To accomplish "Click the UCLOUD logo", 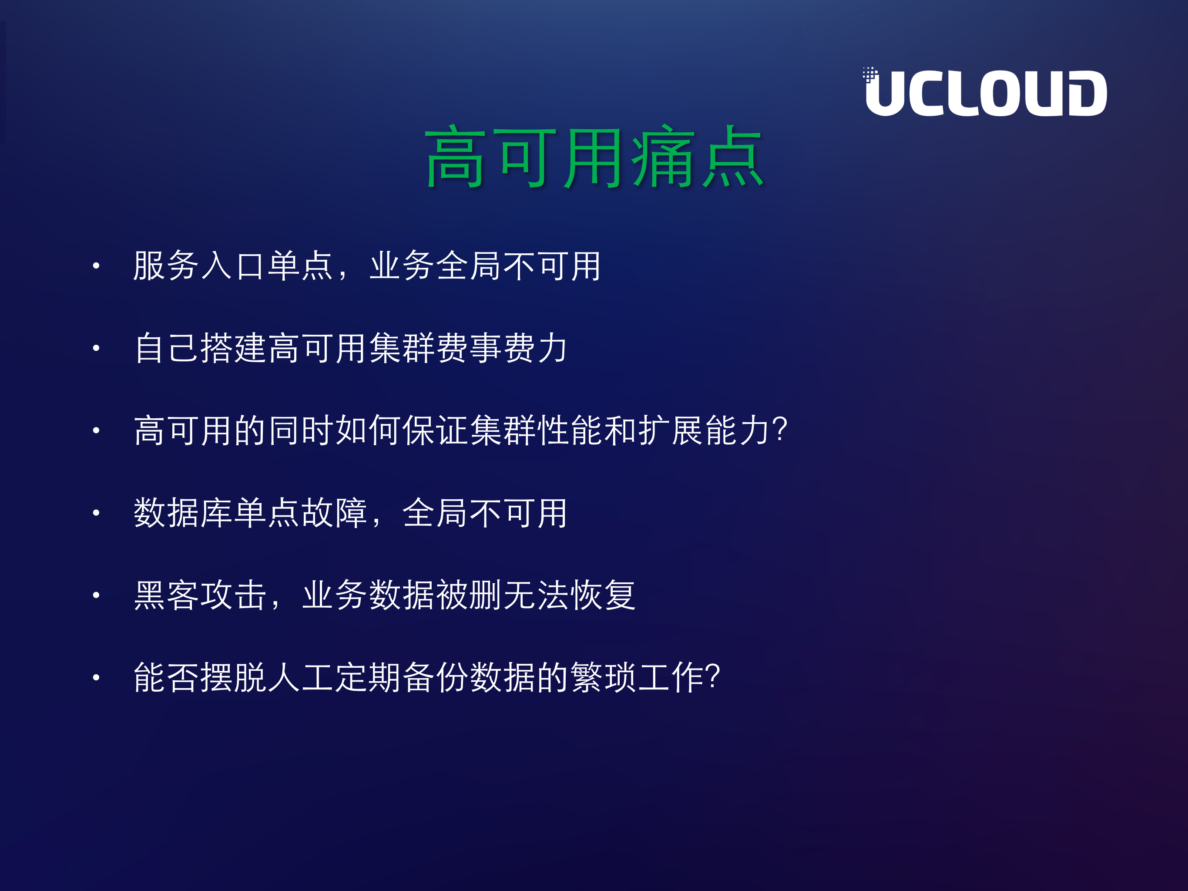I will (x=986, y=93).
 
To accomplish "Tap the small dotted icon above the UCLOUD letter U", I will (x=869, y=74).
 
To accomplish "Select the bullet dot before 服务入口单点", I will (x=96, y=266).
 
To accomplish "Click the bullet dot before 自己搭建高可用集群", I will (x=96, y=348).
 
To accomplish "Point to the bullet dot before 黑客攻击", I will (x=96, y=595).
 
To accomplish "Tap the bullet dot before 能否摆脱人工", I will (x=96, y=677).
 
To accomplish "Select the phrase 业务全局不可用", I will (x=485, y=266).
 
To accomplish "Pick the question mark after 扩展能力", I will (x=779, y=430).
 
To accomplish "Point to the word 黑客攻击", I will (x=200, y=595).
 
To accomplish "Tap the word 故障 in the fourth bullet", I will (x=334, y=513).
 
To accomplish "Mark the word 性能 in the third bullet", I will (x=569, y=430).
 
